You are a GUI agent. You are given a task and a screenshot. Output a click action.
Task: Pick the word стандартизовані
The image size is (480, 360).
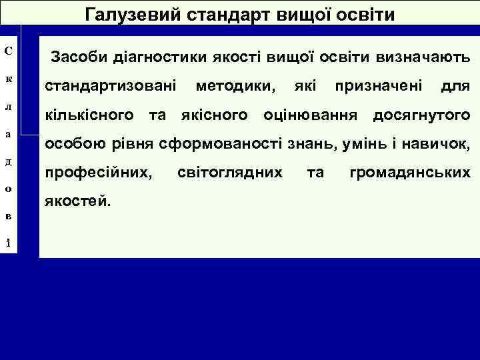coord(110,86)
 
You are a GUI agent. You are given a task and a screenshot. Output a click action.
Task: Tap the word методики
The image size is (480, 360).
coord(235,86)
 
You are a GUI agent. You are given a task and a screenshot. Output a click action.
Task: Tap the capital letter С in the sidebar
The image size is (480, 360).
coord(7,51)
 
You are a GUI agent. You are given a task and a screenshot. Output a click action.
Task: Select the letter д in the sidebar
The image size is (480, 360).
coord(7,162)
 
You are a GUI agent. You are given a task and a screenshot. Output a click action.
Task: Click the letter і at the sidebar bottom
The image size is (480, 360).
coord(7,241)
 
